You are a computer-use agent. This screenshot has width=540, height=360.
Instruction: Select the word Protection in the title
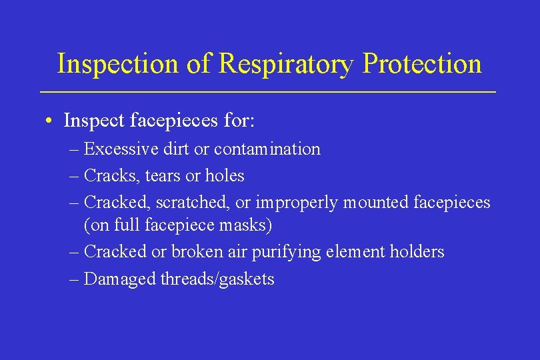pos(422,64)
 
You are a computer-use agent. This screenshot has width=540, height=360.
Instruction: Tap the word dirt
pos(175,149)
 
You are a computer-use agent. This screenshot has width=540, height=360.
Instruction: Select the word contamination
pos(267,149)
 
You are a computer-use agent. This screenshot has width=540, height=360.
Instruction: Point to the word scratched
pos(193,202)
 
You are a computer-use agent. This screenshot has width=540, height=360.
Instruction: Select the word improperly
pos(296,202)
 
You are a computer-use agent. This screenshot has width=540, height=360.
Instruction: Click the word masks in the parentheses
pos(245,226)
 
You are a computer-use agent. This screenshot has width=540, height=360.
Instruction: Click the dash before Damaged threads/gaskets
pos(74,279)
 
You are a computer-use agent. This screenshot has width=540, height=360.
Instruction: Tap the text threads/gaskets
pos(217,279)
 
